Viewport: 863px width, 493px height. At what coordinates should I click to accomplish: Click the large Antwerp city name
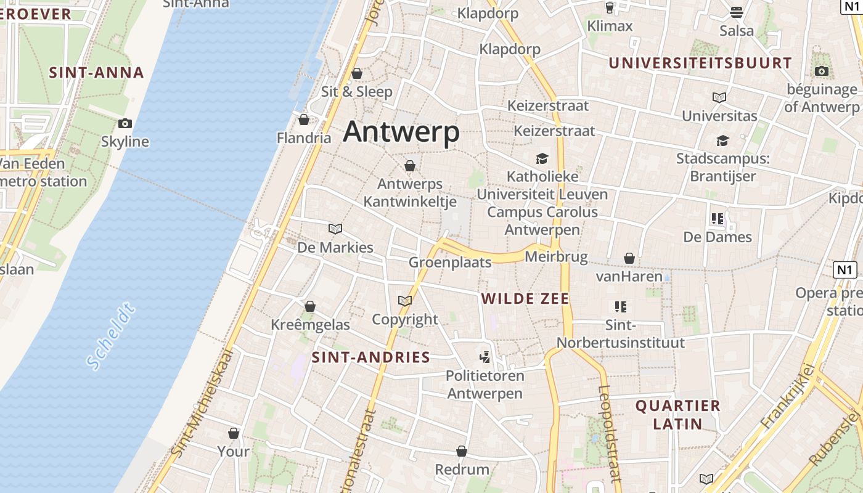pos(401,132)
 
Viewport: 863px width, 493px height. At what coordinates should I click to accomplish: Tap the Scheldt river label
pos(111,336)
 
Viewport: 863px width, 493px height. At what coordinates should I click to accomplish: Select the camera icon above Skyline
pos(125,123)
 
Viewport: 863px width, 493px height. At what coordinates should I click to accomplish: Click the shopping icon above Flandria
pos(303,120)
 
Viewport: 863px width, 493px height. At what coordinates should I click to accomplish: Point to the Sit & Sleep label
pos(356,92)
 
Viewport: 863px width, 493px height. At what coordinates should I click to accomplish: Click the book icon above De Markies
pos(335,229)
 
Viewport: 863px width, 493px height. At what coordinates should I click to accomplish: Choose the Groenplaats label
pos(450,263)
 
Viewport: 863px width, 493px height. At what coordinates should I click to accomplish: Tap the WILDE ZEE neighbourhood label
pos(525,299)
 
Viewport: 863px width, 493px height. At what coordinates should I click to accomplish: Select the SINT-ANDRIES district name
pos(370,357)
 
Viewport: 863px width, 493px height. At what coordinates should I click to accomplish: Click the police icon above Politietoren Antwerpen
pos(485,357)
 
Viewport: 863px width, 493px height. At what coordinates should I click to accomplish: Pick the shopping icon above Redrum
pos(462,452)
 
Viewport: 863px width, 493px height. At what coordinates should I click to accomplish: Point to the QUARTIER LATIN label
pos(678,415)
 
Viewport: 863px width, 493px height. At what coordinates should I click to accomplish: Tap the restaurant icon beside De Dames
pos(718,218)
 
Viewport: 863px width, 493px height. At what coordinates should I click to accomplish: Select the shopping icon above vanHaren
pos(629,258)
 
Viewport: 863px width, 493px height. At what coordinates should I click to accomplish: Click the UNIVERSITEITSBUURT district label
pos(700,63)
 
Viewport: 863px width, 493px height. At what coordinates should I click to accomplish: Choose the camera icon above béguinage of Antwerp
pos(821,71)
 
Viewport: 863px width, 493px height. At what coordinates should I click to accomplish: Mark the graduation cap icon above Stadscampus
pos(722,141)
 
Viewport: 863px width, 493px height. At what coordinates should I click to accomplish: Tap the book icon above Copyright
pos(405,301)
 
